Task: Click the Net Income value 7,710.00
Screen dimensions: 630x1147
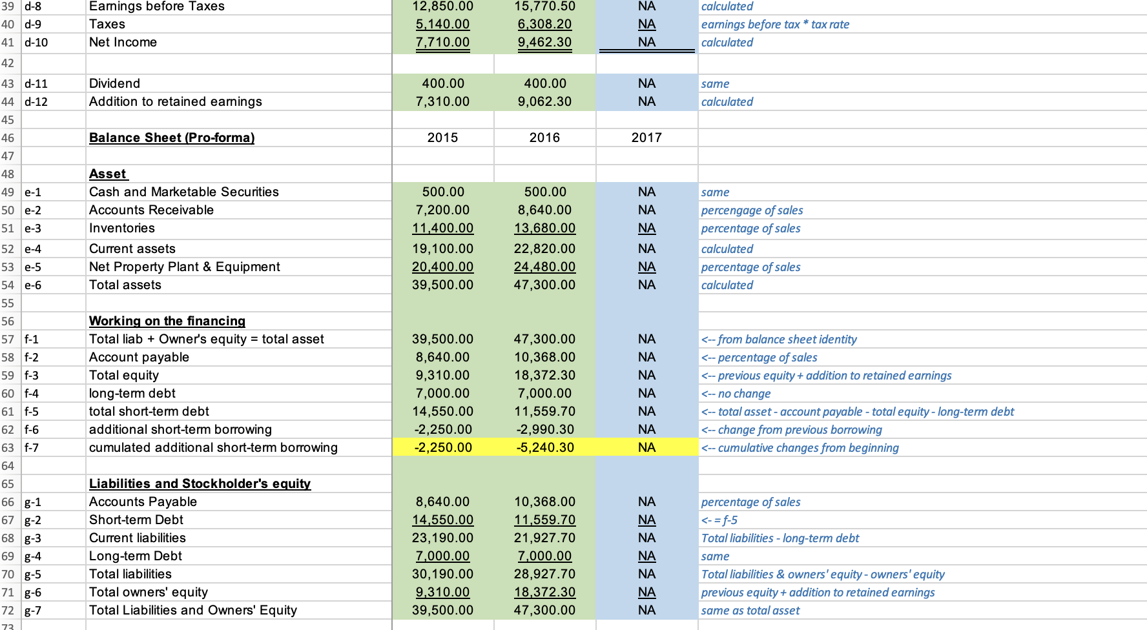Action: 442,43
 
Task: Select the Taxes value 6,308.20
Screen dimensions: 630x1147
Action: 544,25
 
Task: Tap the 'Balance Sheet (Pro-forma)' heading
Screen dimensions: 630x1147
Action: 172,138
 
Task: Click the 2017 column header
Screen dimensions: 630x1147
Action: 646,138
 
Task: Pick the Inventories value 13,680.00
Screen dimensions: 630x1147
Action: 544,229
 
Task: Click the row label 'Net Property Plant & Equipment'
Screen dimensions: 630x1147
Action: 185,267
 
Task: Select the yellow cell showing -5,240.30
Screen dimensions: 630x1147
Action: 544,448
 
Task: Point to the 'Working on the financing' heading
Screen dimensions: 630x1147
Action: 167,321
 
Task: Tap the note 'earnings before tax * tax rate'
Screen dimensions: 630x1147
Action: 775,25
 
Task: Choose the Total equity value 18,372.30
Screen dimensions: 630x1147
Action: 544,376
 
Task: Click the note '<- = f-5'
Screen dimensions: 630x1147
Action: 719,520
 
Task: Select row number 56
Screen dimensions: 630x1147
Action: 8,321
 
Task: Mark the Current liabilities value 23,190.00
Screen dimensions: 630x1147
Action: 442,538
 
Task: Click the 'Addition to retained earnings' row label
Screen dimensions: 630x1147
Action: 176,102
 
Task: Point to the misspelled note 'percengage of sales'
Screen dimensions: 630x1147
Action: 752,210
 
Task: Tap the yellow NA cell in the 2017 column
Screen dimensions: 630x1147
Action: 646,448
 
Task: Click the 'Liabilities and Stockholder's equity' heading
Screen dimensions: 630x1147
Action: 200,484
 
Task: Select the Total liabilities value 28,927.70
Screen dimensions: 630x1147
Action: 544,574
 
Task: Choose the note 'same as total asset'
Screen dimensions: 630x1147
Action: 750,611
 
